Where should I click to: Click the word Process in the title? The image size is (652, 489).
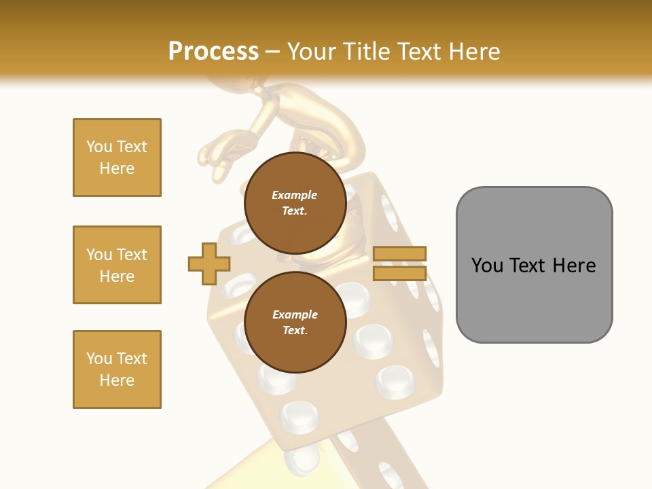click(x=213, y=52)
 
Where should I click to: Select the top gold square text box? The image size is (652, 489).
click(x=117, y=158)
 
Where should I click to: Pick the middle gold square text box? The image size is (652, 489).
click(x=117, y=265)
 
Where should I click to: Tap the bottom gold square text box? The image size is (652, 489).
click(x=117, y=369)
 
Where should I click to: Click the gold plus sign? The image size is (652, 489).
click(x=209, y=264)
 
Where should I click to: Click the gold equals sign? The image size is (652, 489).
click(x=400, y=264)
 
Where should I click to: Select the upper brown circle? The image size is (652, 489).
click(x=295, y=202)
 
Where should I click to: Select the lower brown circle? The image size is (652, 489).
click(x=295, y=322)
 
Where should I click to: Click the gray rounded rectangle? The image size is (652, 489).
click(x=534, y=265)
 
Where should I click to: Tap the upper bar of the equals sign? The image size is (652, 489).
click(x=400, y=254)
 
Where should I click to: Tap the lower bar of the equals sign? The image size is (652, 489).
click(x=400, y=273)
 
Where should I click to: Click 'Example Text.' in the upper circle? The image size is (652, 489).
click(x=295, y=202)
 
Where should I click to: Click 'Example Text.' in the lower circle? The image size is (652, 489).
click(x=295, y=322)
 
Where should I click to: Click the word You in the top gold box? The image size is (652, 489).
click(x=98, y=147)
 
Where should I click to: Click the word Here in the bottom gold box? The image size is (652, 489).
click(x=117, y=380)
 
